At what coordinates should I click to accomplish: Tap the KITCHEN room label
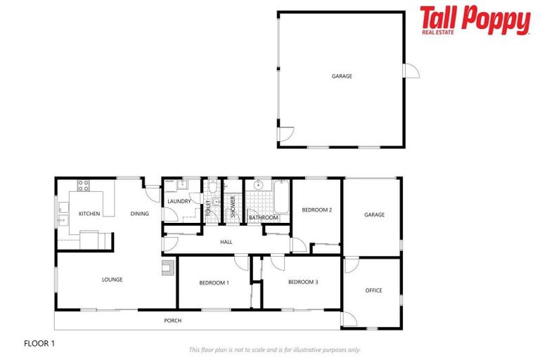[89, 214]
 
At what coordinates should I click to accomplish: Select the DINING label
[139, 214]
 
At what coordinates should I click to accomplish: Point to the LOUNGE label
[112, 280]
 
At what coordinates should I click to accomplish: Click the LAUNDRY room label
[179, 202]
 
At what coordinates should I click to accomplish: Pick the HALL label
[226, 242]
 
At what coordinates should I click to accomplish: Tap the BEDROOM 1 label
[214, 283]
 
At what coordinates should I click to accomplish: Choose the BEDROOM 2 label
[316, 210]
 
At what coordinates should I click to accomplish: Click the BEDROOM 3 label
[303, 282]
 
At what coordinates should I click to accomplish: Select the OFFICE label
[373, 290]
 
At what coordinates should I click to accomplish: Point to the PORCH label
[172, 321]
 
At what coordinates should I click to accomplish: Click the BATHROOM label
[264, 218]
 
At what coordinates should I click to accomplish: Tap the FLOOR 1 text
[39, 344]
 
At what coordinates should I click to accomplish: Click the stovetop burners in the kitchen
[84, 186]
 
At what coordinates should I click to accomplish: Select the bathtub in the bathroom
[281, 197]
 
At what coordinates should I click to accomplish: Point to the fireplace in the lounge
[167, 267]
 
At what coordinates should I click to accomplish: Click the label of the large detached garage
[342, 76]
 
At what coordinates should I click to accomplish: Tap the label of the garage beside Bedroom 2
[374, 215]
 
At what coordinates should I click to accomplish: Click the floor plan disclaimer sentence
[275, 349]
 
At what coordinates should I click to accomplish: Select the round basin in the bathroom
[258, 186]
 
